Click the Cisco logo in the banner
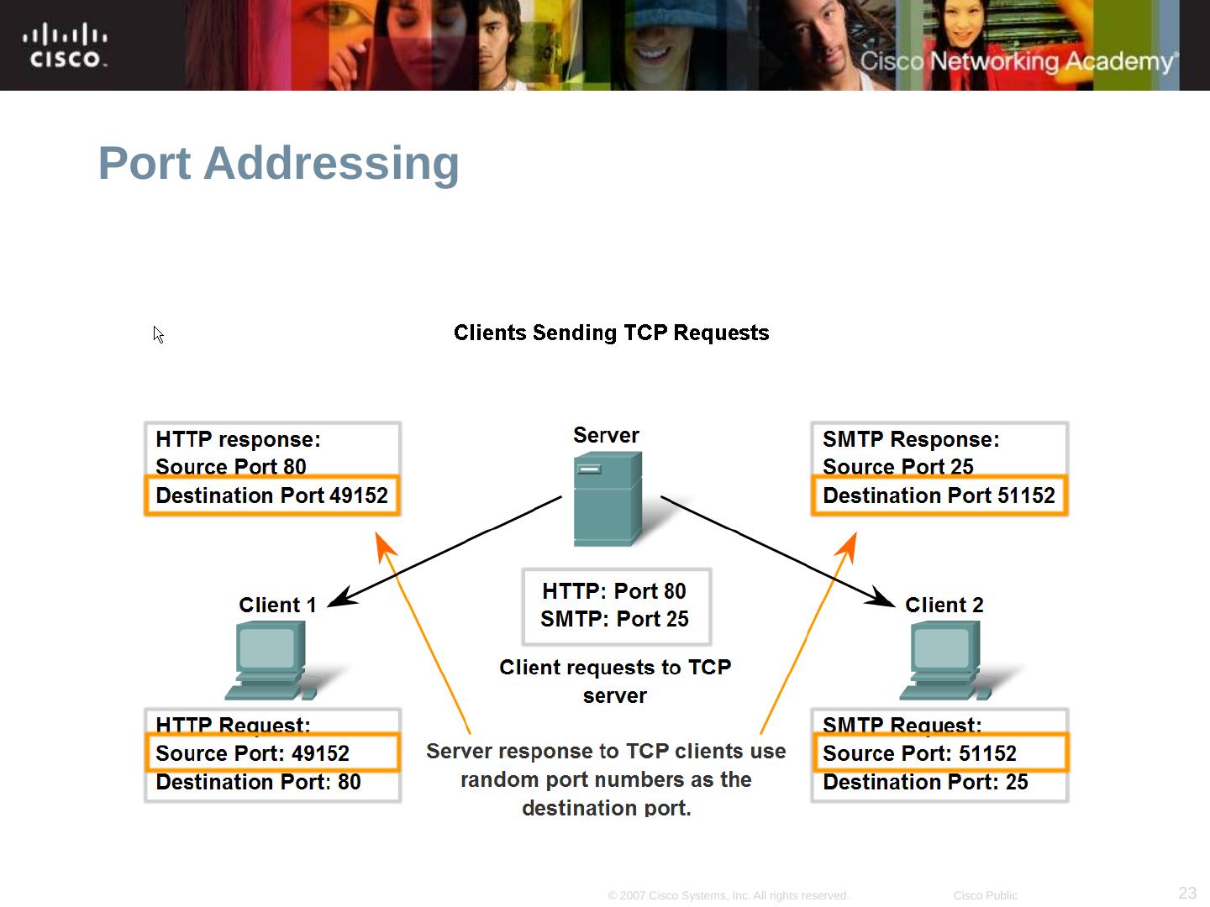point(65,46)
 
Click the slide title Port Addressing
point(278,163)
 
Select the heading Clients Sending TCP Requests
point(611,333)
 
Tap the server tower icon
point(607,499)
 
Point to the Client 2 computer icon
point(945,661)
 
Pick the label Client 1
point(277,605)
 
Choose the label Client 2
point(944,605)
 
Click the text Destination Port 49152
point(271,495)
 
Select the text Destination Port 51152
point(939,495)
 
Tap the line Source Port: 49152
point(252,753)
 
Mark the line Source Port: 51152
point(919,753)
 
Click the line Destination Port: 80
point(258,782)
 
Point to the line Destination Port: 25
point(925,782)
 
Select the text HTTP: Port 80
point(614,591)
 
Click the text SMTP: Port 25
point(614,619)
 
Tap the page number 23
point(1187,893)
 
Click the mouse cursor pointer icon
point(158,334)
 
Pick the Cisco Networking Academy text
point(1018,61)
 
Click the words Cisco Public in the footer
point(985,895)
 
